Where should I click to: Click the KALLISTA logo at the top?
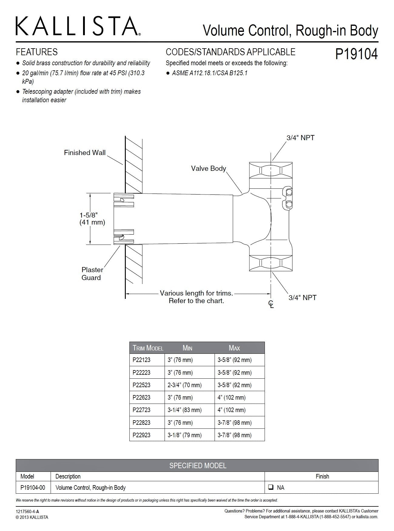pyautogui.click(x=78, y=26)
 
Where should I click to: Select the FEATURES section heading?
pyautogui.click(x=37, y=52)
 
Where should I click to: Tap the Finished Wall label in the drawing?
pyautogui.click(x=85, y=153)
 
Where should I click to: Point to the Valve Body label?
pyautogui.click(x=209, y=168)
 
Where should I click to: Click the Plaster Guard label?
pyautogui.click(x=92, y=273)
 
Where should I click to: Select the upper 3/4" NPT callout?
pyautogui.click(x=300, y=138)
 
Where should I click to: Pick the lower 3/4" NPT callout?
pyautogui.click(x=302, y=298)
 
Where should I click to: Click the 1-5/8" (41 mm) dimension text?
pyautogui.click(x=92, y=218)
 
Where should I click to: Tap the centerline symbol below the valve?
pyautogui.click(x=271, y=304)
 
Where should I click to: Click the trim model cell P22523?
pyautogui.click(x=142, y=385)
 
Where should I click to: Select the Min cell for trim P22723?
pyautogui.click(x=185, y=410)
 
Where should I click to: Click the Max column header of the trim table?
pyautogui.click(x=234, y=348)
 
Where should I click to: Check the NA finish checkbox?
pyautogui.click(x=271, y=488)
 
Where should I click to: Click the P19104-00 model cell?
pyautogui.click(x=33, y=488)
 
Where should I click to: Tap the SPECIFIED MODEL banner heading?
pyautogui.click(x=198, y=465)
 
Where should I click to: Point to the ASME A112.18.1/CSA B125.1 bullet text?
pyautogui.click(x=209, y=73)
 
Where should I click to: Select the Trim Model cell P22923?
pyautogui.click(x=142, y=435)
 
